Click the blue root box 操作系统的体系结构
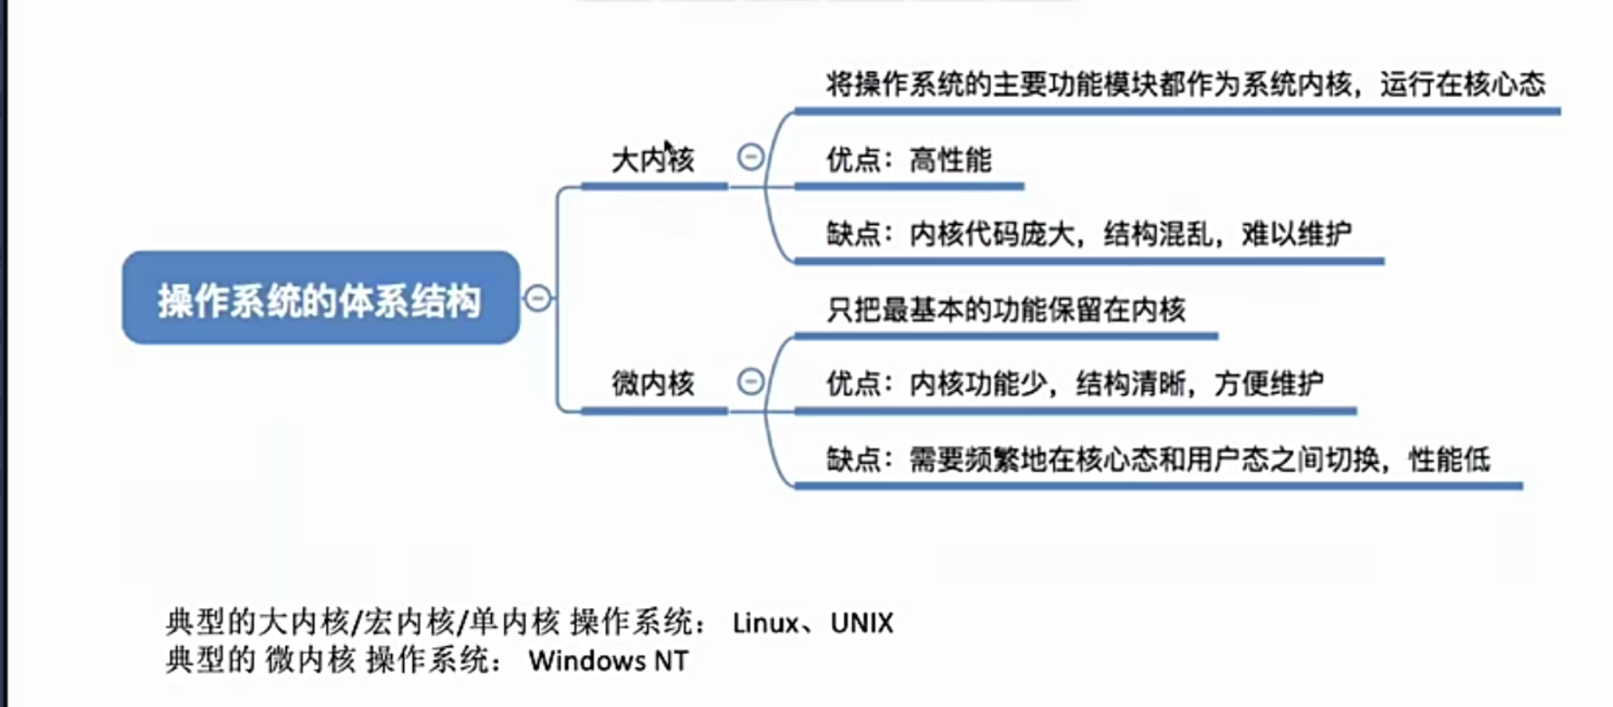[x=321, y=298]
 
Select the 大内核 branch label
[x=653, y=160]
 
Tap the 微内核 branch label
[x=653, y=383]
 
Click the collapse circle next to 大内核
[x=751, y=157]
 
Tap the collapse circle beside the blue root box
[x=538, y=298]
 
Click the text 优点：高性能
[x=908, y=160]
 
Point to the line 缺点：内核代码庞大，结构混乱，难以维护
[x=1088, y=234]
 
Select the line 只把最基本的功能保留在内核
[x=1006, y=309]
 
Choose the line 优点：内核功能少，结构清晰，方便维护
[x=1074, y=383]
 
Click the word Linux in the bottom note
[x=765, y=623]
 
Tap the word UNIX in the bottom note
[x=861, y=623]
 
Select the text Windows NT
[x=608, y=661]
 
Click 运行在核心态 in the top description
[x=1463, y=84]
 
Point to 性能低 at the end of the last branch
[x=1449, y=459]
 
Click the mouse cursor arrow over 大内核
[x=667, y=148]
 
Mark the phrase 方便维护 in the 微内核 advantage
[x=1268, y=383]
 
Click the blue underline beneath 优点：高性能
[x=908, y=186]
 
